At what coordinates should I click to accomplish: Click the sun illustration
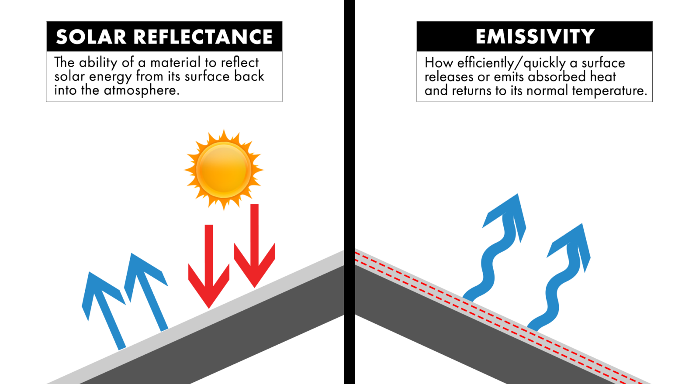(x=224, y=170)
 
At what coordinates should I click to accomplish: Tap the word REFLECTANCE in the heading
(x=203, y=37)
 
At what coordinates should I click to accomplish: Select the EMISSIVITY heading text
(x=535, y=37)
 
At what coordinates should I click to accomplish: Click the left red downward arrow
(x=209, y=266)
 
